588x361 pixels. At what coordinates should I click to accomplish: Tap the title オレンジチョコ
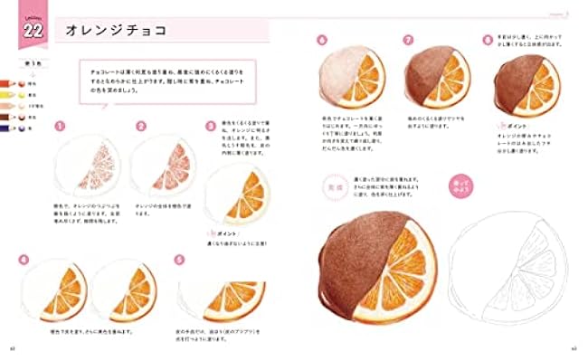tap(109, 31)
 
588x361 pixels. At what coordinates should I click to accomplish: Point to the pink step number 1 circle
tap(59, 128)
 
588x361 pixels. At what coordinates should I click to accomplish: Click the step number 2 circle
tap(141, 128)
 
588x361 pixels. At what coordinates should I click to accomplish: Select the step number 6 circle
tap(321, 40)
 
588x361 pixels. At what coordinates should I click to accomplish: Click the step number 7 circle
tap(409, 40)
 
